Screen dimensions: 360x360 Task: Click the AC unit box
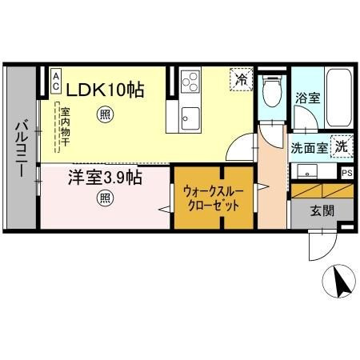[56, 81]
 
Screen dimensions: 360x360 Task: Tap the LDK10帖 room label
[105, 90]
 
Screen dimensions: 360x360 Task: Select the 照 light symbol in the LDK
[105, 114]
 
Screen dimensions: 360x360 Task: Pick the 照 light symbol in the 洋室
[105, 198]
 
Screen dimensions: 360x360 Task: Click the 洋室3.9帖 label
[105, 178]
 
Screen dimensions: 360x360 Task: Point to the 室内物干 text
[65, 126]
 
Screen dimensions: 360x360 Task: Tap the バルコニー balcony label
[22, 150]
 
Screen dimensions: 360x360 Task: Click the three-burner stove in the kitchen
[190, 82]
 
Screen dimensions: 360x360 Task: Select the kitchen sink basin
[190, 118]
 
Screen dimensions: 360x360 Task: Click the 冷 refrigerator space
[242, 79]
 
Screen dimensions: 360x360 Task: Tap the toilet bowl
[272, 90]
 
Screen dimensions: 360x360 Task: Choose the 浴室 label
[307, 98]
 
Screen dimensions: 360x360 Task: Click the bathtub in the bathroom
[339, 98]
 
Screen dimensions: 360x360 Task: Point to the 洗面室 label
[310, 148]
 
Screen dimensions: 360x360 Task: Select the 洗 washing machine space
[342, 146]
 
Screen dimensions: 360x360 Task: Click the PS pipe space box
[347, 174]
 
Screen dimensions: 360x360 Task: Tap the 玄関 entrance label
[322, 211]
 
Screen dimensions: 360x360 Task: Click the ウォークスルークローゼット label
[214, 199]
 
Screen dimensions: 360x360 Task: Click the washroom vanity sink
[307, 171]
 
